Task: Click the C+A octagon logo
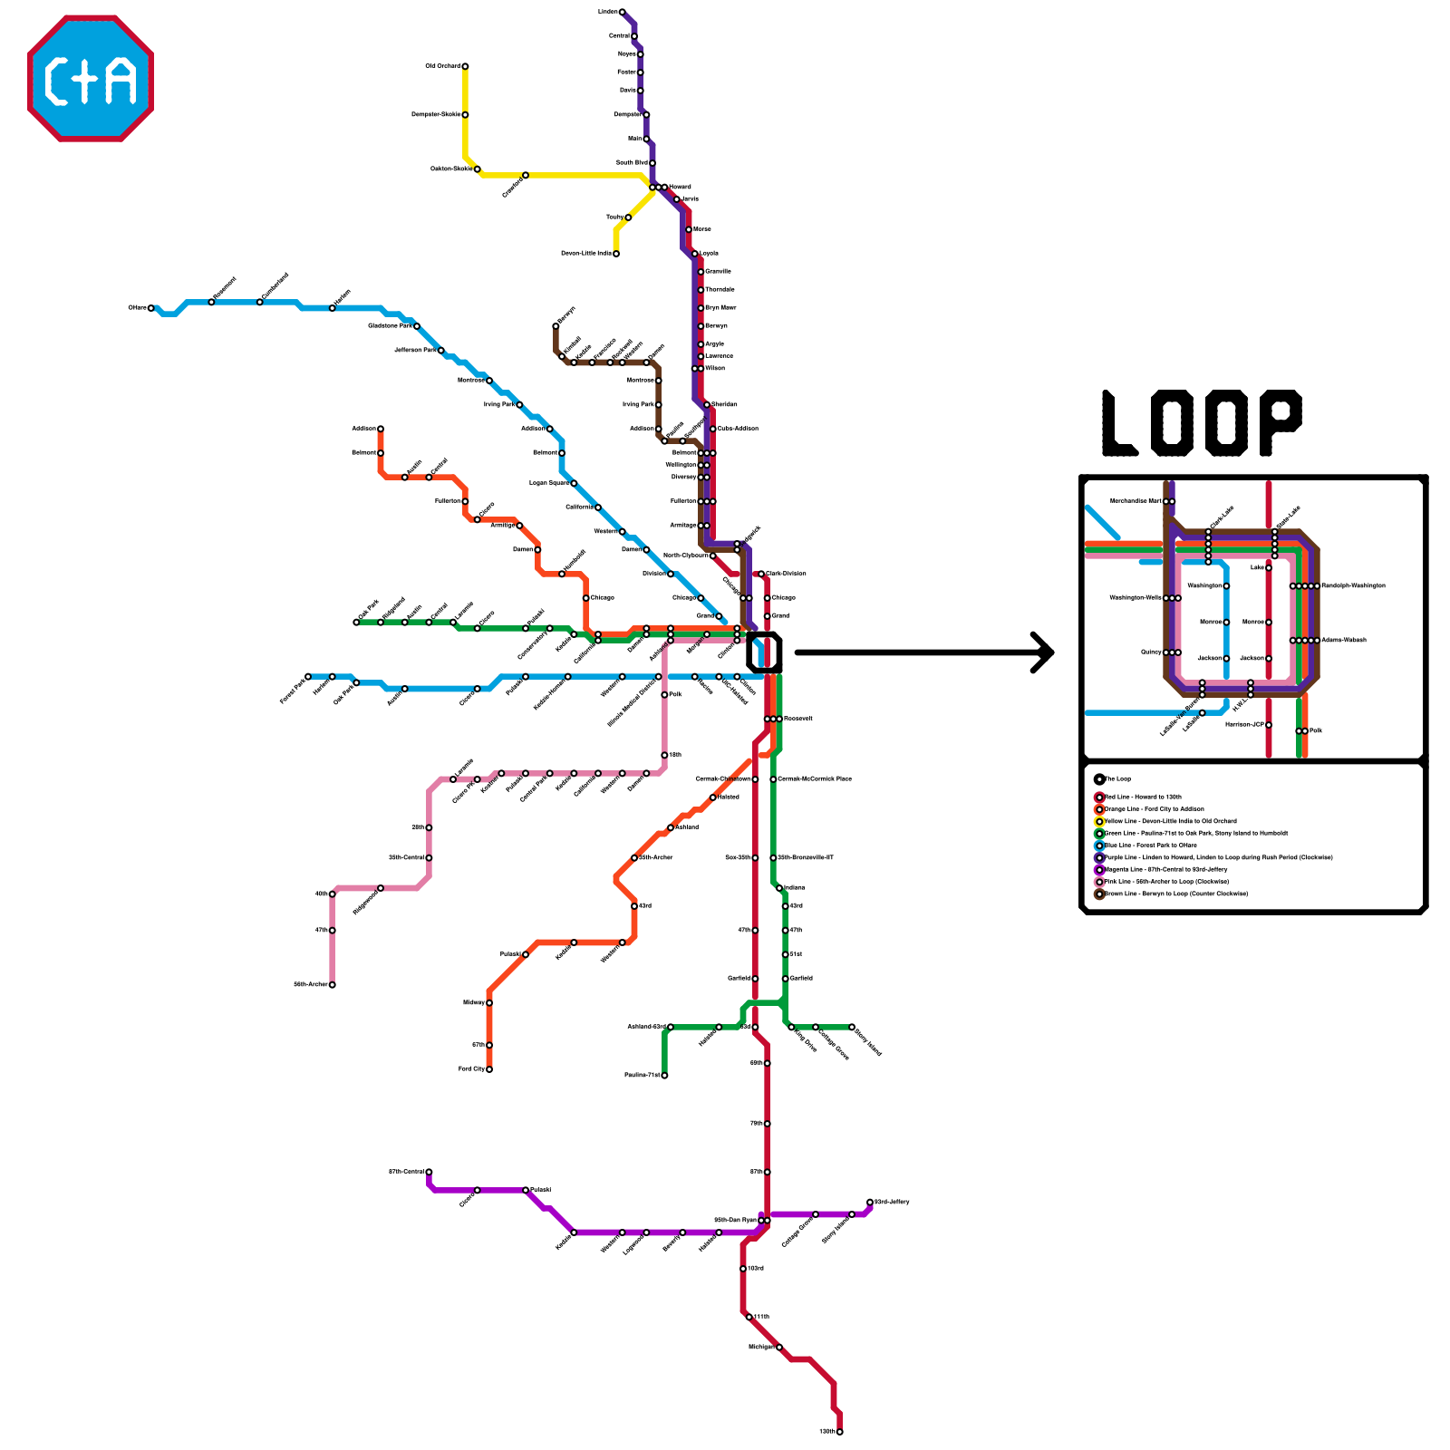tap(91, 78)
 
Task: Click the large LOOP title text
tap(1202, 423)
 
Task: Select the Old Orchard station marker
tap(465, 66)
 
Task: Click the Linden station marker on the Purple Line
tap(622, 12)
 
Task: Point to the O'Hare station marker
tap(151, 308)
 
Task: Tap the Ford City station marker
tap(489, 1069)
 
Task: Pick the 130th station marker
tap(840, 1432)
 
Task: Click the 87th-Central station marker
tap(429, 1172)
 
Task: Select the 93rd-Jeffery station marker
tap(870, 1203)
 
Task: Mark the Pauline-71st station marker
tap(664, 1076)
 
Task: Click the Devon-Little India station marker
tap(616, 254)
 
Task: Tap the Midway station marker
tap(489, 1002)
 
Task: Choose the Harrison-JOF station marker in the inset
tap(1269, 725)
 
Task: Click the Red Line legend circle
tap(1099, 797)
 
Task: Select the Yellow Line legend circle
tap(1099, 822)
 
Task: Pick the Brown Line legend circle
tap(1099, 894)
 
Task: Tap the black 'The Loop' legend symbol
tap(1099, 779)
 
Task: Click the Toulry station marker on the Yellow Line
tap(628, 217)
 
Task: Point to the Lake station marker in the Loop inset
tap(1269, 568)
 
